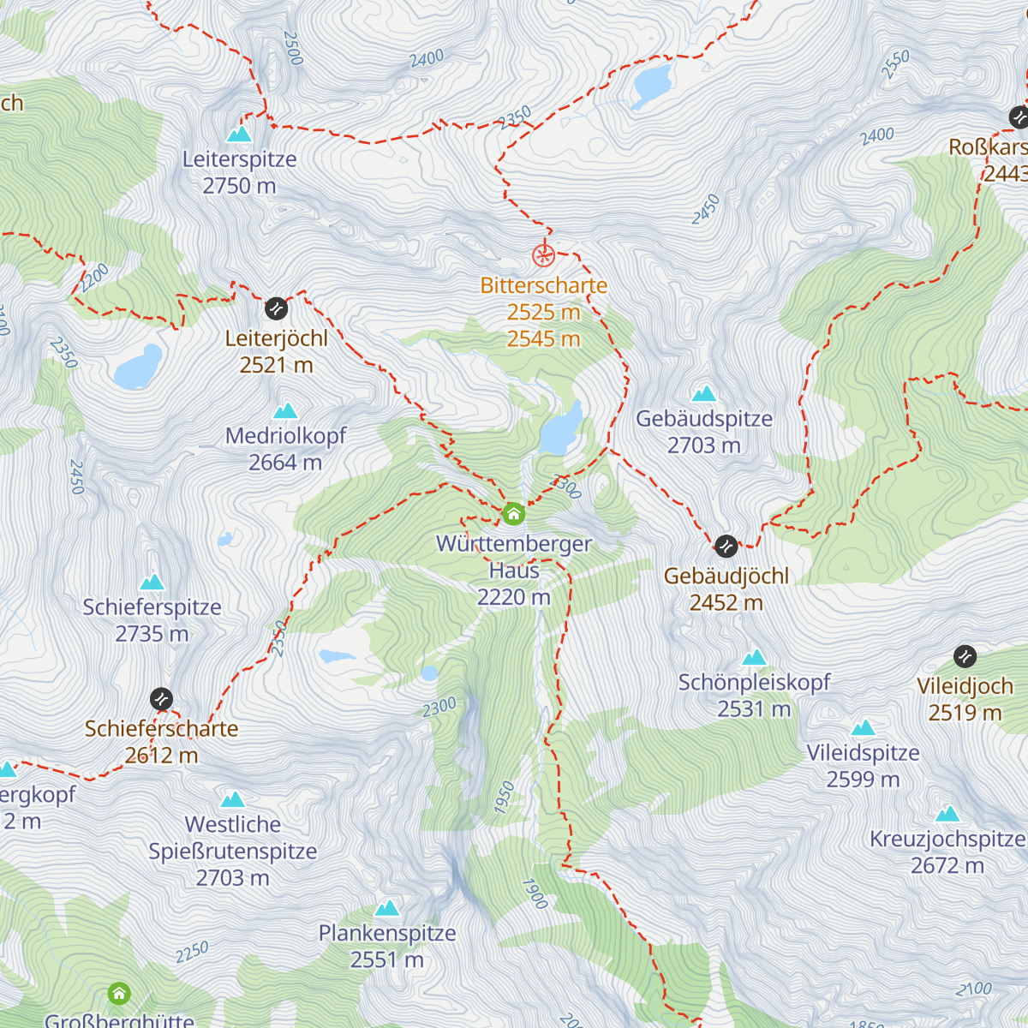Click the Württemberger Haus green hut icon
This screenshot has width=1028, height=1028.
[x=513, y=514]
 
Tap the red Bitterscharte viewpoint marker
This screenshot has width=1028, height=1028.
[x=543, y=255]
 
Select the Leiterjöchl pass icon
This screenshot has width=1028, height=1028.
[x=276, y=308]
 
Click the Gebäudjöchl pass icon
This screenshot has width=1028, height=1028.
[x=726, y=546]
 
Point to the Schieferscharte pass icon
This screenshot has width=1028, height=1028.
[x=161, y=699]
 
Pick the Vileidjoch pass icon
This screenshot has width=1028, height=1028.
[x=965, y=656]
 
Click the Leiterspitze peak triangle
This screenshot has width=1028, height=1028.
[x=239, y=134]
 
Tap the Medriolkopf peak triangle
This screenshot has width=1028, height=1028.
[x=285, y=411]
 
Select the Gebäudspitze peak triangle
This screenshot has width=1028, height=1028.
[x=704, y=394]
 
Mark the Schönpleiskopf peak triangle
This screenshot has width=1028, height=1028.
[x=754, y=658]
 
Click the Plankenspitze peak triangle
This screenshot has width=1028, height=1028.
[x=387, y=908]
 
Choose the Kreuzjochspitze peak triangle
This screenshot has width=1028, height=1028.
[x=947, y=814]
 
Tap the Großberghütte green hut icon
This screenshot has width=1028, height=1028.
[x=119, y=994]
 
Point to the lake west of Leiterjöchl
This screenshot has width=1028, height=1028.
[x=138, y=368]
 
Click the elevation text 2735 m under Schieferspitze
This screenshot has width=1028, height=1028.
[x=152, y=634]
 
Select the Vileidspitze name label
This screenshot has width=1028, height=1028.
[x=863, y=753]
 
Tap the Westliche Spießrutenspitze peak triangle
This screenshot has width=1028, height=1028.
[x=233, y=800]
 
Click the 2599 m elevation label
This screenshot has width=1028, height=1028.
[x=863, y=780]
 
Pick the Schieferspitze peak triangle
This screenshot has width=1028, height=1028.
[x=152, y=583]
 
